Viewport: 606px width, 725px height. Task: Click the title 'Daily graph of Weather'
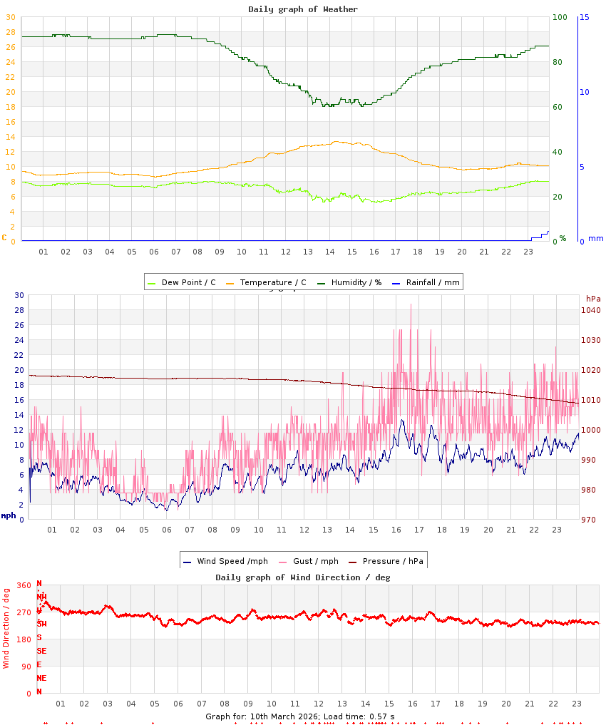coord(303,9)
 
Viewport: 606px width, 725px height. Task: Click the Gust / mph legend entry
coord(311,561)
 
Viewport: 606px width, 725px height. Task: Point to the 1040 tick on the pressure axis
coord(591,310)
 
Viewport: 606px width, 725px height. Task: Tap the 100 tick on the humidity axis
coord(560,17)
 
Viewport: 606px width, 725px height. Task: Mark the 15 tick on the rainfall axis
coord(584,17)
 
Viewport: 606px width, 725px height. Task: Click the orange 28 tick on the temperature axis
coord(10,32)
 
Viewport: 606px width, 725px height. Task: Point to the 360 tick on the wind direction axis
coord(24,585)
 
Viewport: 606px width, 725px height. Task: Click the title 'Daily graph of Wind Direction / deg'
coord(303,577)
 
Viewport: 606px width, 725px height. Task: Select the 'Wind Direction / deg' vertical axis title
coord(6,627)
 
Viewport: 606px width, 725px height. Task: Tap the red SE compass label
coord(41,651)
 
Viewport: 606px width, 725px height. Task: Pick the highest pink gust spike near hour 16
coord(411,305)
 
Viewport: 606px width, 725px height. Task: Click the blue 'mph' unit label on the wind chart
coord(8,515)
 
